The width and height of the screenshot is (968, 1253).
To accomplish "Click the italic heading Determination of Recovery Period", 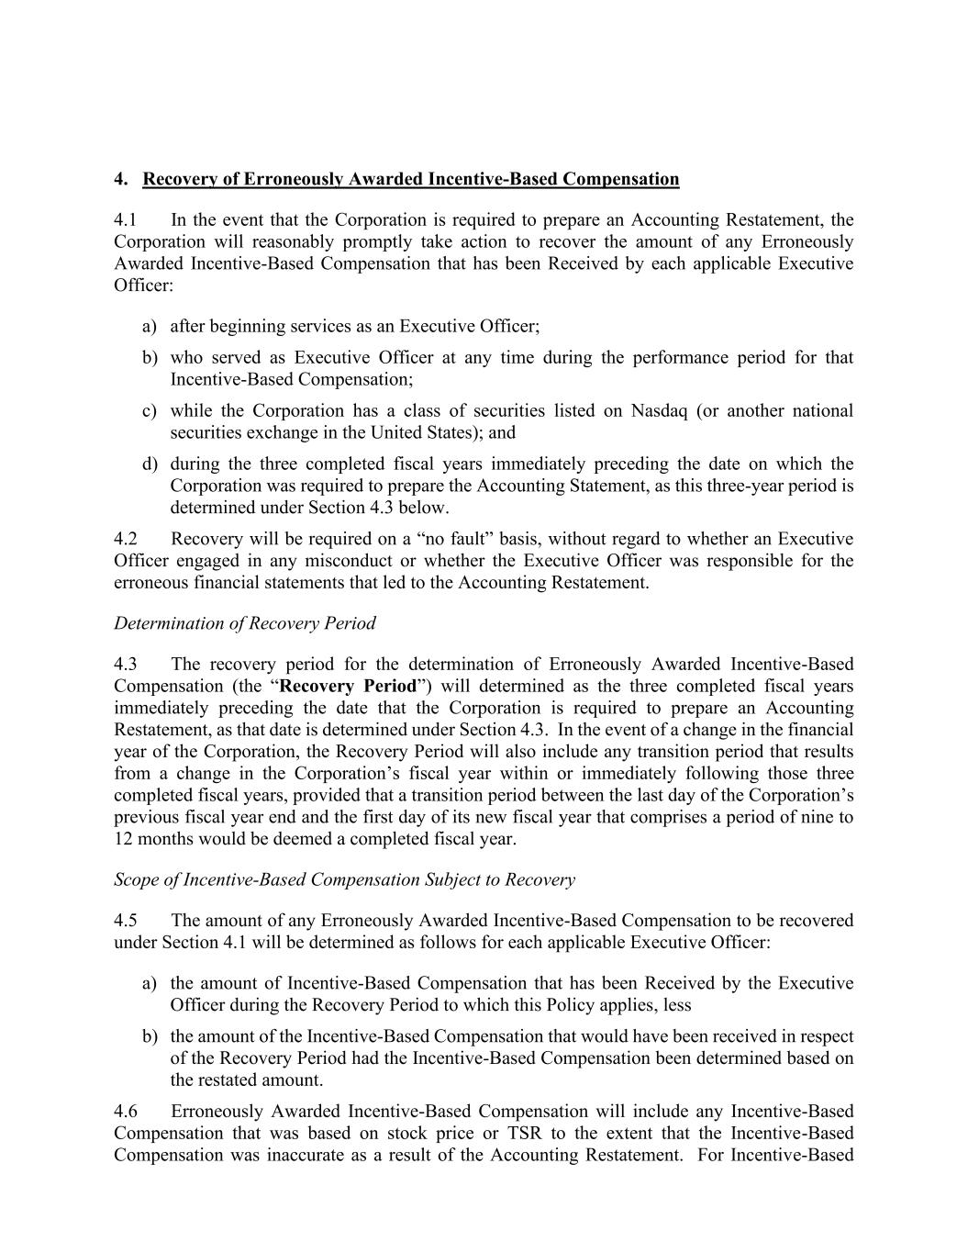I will pos(245,623).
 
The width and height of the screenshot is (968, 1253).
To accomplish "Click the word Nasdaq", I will pos(660,411).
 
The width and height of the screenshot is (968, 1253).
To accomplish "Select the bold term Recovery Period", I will pos(348,687).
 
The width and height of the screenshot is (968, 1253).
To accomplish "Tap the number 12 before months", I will pos(124,839).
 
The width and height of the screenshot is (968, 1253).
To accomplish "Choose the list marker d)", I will pos(150,464).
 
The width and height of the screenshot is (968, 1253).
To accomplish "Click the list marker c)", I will pos(150,411).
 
